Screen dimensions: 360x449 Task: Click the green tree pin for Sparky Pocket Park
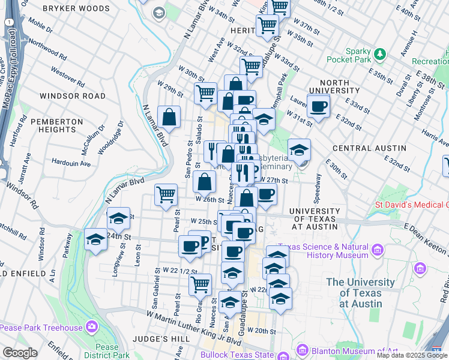pos(379,55)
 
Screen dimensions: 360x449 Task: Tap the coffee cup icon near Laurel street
pos(318,107)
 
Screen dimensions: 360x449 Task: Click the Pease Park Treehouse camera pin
pos(91,327)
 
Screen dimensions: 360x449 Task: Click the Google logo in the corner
pos(20,353)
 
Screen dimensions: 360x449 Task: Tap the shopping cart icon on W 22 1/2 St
pos(200,284)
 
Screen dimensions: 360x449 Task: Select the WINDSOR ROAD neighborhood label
pos(72,96)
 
